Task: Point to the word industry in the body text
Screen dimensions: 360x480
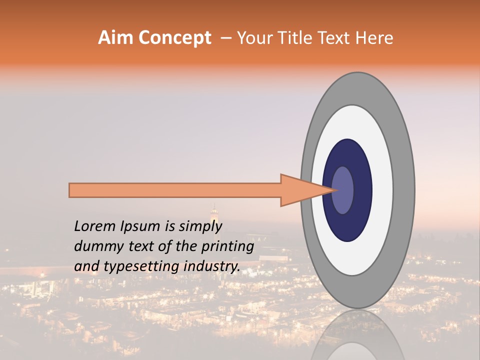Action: click(212, 266)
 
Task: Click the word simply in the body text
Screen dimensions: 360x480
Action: click(199, 226)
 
